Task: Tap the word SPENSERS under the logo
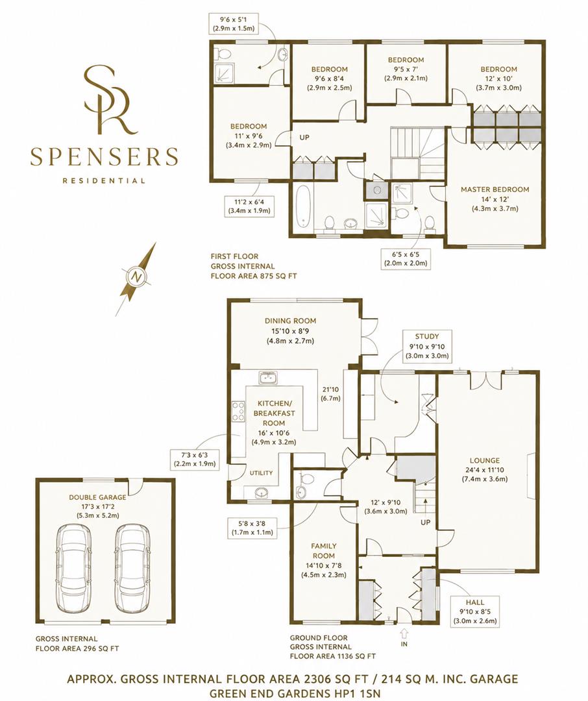[104, 156]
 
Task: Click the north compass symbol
[136, 278]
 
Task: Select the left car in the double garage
[73, 567]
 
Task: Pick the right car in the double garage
[132, 567]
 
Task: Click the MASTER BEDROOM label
[495, 190]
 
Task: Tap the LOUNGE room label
[485, 460]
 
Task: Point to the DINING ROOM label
[290, 321]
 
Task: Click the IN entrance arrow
[404, 633]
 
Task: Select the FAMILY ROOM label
[324, 550]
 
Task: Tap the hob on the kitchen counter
[238, 411]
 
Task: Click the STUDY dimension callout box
[426, 346]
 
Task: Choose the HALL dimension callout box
[475, 611]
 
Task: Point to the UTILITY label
[261, 473]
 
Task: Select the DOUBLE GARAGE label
[97, 497]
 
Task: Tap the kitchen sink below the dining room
[268, 378]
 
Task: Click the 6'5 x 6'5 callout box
[406, 258]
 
